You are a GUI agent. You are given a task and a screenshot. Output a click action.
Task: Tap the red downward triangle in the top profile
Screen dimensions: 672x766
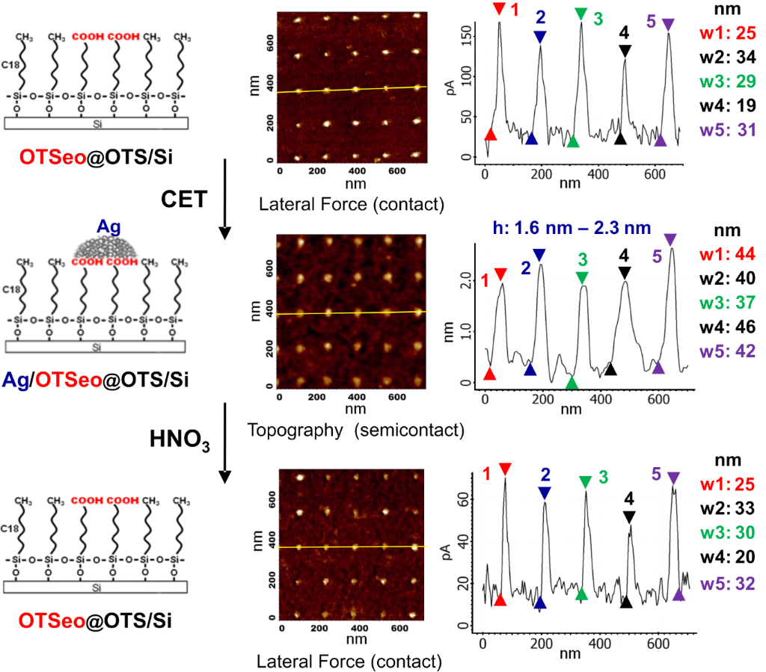[x=499, y=10]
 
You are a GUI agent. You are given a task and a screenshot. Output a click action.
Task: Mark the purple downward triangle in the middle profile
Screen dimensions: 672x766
[x=670, y=239]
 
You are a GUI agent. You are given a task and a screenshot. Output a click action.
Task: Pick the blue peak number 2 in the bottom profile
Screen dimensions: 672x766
[x=545, y=473]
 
